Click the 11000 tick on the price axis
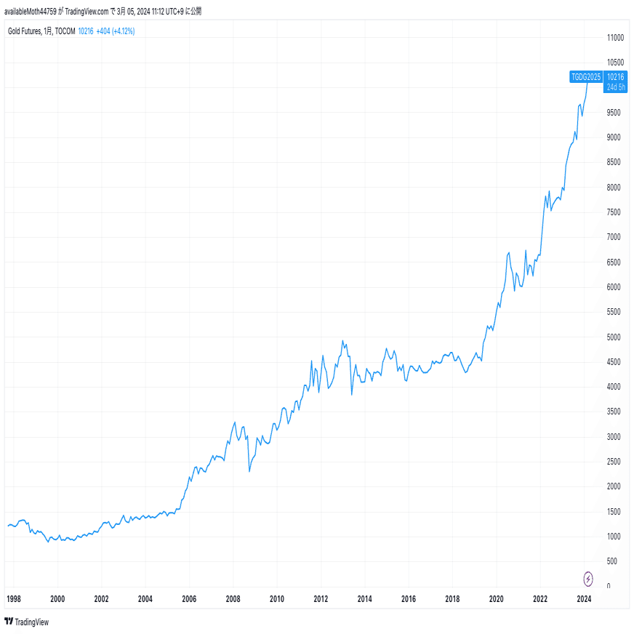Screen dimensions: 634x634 click(x=616, y=37)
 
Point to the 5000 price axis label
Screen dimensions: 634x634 click(x=614, y=337)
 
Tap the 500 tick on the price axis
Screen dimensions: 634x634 click(x=613, y=561)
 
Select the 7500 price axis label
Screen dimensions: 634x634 click(x=614, y=212)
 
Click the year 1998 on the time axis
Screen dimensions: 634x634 click(x=14, y=599)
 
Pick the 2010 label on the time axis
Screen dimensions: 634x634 click(x=276, y=599)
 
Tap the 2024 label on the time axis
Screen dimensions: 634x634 click(x=583, y=599)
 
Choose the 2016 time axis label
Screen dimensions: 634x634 click(x=408, y=599)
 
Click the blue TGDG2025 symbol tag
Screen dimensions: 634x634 click(x=585, y=76)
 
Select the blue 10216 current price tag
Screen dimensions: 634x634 click(x=615, y=76)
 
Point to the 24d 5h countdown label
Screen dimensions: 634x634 click(x=615, y=87)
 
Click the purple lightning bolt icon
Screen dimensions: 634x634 click(x=588, y=579)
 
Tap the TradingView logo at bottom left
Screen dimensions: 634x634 click(x=26, y=622)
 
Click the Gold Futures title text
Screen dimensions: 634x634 click(x=25, y=31)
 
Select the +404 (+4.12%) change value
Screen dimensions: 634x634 click(x=116, y=31)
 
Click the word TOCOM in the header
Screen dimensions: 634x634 click(x=65, y=31)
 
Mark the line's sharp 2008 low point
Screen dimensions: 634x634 click(x=249, y=472)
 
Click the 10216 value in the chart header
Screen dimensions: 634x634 click(x=86, y=31)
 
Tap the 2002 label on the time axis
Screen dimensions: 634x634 click(x=101, y=599)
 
